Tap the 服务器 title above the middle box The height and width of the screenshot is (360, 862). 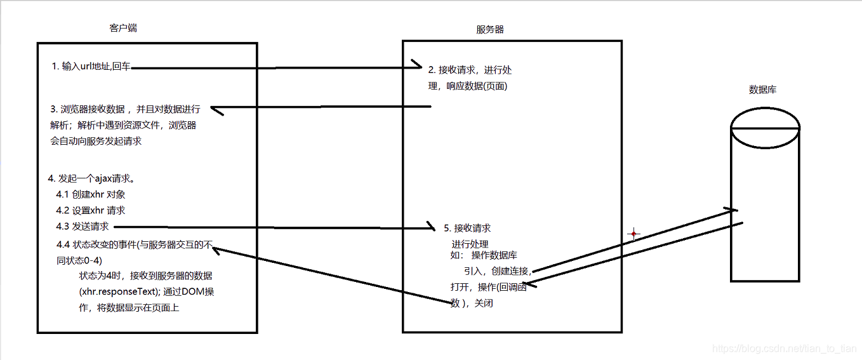(489, 29)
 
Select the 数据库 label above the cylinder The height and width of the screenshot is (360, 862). (762, 90)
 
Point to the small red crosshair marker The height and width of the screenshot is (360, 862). (633, 234)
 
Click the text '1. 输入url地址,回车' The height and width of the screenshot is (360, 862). (91, 67)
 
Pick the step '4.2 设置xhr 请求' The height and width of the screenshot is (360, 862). (91, 210)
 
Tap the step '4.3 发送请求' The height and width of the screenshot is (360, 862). (83, 227)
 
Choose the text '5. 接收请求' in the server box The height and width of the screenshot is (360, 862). (467, 228)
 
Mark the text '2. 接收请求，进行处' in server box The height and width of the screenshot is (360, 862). (470, 70)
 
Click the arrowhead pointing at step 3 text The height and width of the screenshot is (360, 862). (215, 109)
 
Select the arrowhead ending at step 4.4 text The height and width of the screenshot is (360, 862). (216, 250)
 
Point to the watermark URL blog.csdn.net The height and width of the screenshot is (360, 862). (785, 349)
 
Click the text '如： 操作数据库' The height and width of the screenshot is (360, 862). (483, 255)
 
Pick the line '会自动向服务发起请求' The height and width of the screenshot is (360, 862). (96, 141)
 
